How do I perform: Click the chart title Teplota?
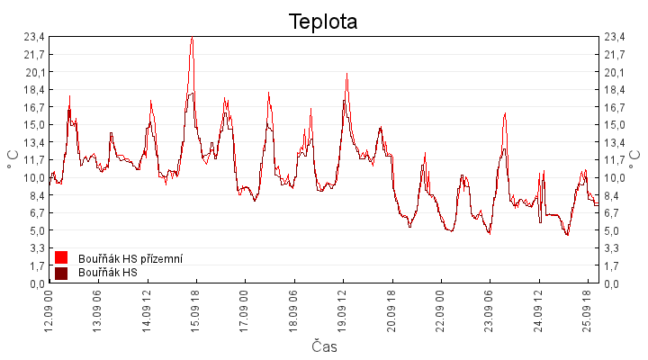pyautogui.click(x=323, y=22)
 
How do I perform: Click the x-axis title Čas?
pyautogui.click(x=324, y=346)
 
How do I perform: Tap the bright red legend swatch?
pyautogui.click(x=61, y=257)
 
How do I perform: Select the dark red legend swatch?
pyautogui.click(x=61, y=274)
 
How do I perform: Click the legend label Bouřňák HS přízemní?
pyautogui.click(x=130, y=258)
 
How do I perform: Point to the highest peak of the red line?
pyautogui.click(x=193, y=37)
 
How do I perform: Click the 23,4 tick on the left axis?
pyautogui.click(x=34, y=37)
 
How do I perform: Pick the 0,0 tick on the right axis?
pyautogui.click(x=612, y=283)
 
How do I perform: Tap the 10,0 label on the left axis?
pyautogui.click(x=34, y=178)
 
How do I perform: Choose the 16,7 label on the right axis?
pyautogui.click(x=615, y=108)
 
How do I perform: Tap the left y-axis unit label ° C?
pyautogui.click(x=13, y=159)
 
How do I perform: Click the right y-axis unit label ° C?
pyautogui.click(x=634, y=159)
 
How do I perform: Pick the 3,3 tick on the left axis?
pyautogui.click(x=37, y=248)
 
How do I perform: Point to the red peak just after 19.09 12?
pyautogui.click(x=346, y=74)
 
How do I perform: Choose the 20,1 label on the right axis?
pyautogui.click(x=615, y=73)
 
